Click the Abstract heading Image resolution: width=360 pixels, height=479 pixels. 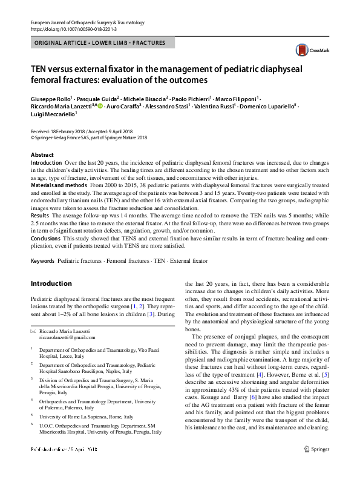coord(42,156)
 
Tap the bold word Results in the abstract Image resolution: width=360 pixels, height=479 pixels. coord(40,215)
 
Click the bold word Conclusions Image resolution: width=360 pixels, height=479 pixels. coord(46,238)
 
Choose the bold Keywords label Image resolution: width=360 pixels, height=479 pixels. coord(43,261)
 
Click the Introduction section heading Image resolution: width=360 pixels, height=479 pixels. coord(51,283)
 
